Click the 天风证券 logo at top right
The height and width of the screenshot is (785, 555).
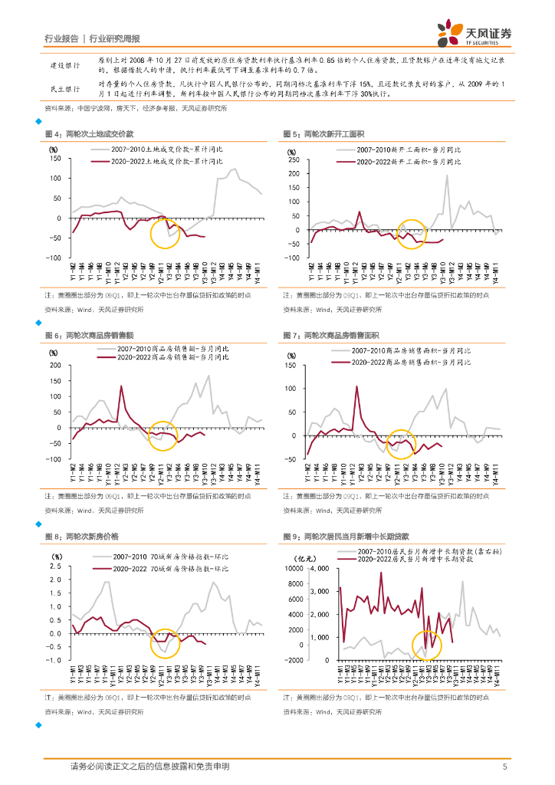pyautogui.click(x=474, y=32)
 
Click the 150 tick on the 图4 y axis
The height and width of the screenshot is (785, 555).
pyautogui.click(x=57, y=159)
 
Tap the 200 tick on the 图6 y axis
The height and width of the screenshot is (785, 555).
pyautogui.click(x=55, y=364)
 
